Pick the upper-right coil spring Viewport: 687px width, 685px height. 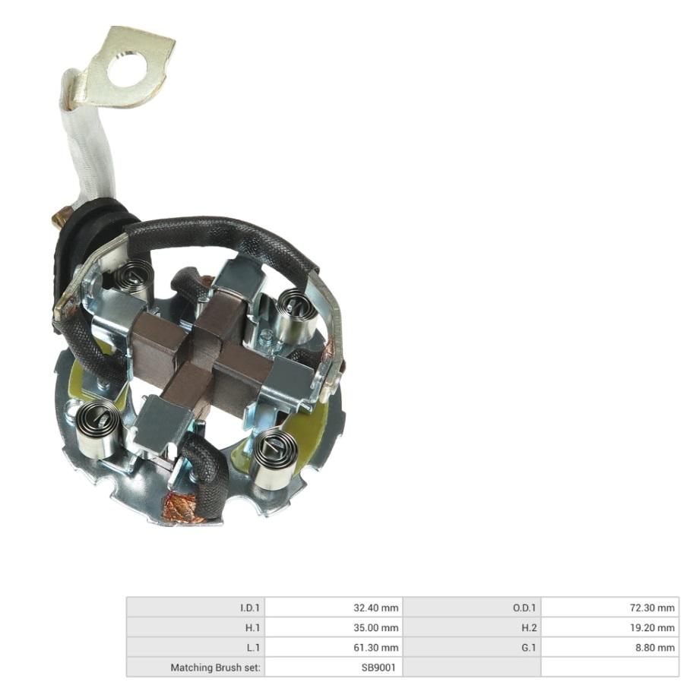[298, 315]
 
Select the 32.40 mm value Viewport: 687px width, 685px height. [376, 608]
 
